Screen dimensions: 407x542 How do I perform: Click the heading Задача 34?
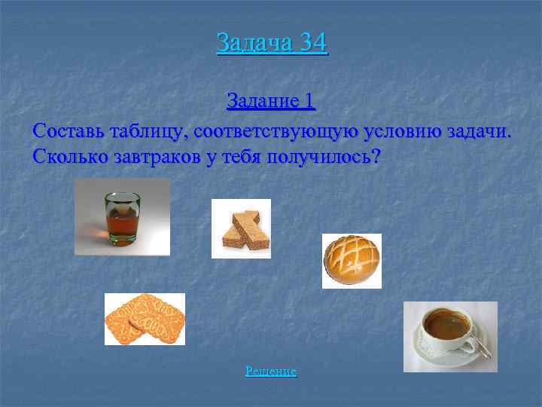coord(272,42)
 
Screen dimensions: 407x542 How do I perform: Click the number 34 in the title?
coord(312,42)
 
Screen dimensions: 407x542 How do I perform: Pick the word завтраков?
coord(156,158)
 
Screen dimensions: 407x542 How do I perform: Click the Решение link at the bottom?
coord(271,372)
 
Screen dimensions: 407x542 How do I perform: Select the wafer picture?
coord(241,228)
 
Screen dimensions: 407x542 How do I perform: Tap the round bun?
coord(352,261)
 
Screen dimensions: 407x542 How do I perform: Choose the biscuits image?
coord(145,319)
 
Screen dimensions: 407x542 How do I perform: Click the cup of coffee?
coord(449,332)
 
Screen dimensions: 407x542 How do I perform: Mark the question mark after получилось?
coord(376,158)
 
